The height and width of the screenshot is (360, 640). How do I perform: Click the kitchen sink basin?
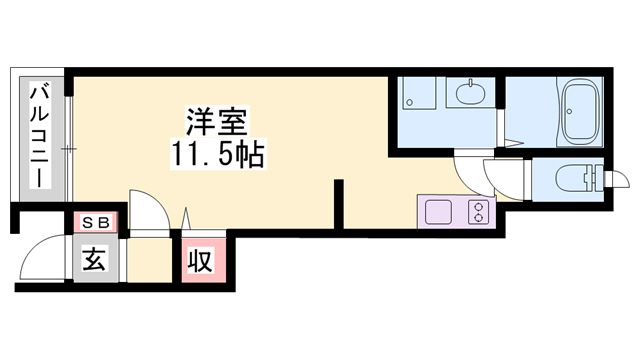click(x=440, y=212)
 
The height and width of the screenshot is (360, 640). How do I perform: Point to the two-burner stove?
click(x=479, y=212)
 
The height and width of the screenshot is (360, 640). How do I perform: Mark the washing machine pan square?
click(x=414, y=96)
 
